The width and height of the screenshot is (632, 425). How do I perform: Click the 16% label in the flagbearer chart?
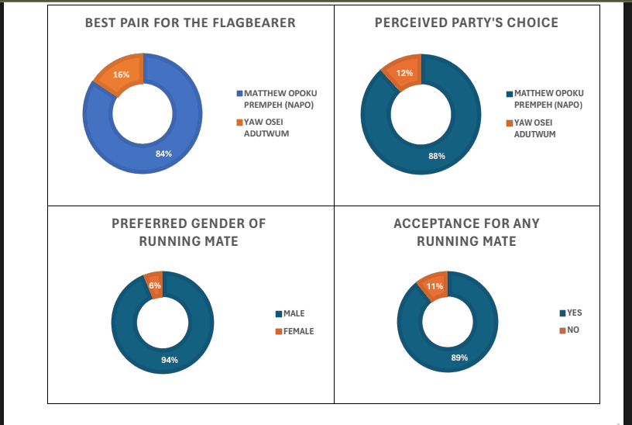(121, 74)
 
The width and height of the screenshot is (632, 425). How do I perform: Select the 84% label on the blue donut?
(163, 154)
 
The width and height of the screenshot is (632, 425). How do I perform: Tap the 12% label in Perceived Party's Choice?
(404, 73)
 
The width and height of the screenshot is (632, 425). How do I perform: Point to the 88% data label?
(437, 156)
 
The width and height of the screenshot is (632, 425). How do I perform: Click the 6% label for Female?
(155, 285)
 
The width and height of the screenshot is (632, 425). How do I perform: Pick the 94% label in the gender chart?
(170, 360)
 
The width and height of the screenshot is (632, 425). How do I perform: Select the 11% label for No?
(434, 286)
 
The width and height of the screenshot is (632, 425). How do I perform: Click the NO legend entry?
(569, 330)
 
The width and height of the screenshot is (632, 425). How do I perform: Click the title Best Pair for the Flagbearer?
(190, 22)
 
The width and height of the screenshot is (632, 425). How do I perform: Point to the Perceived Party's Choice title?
(466, 22)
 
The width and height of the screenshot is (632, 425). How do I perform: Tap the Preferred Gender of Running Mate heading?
(188, 232)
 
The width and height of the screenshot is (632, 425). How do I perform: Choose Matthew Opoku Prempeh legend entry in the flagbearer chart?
(276, 98)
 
